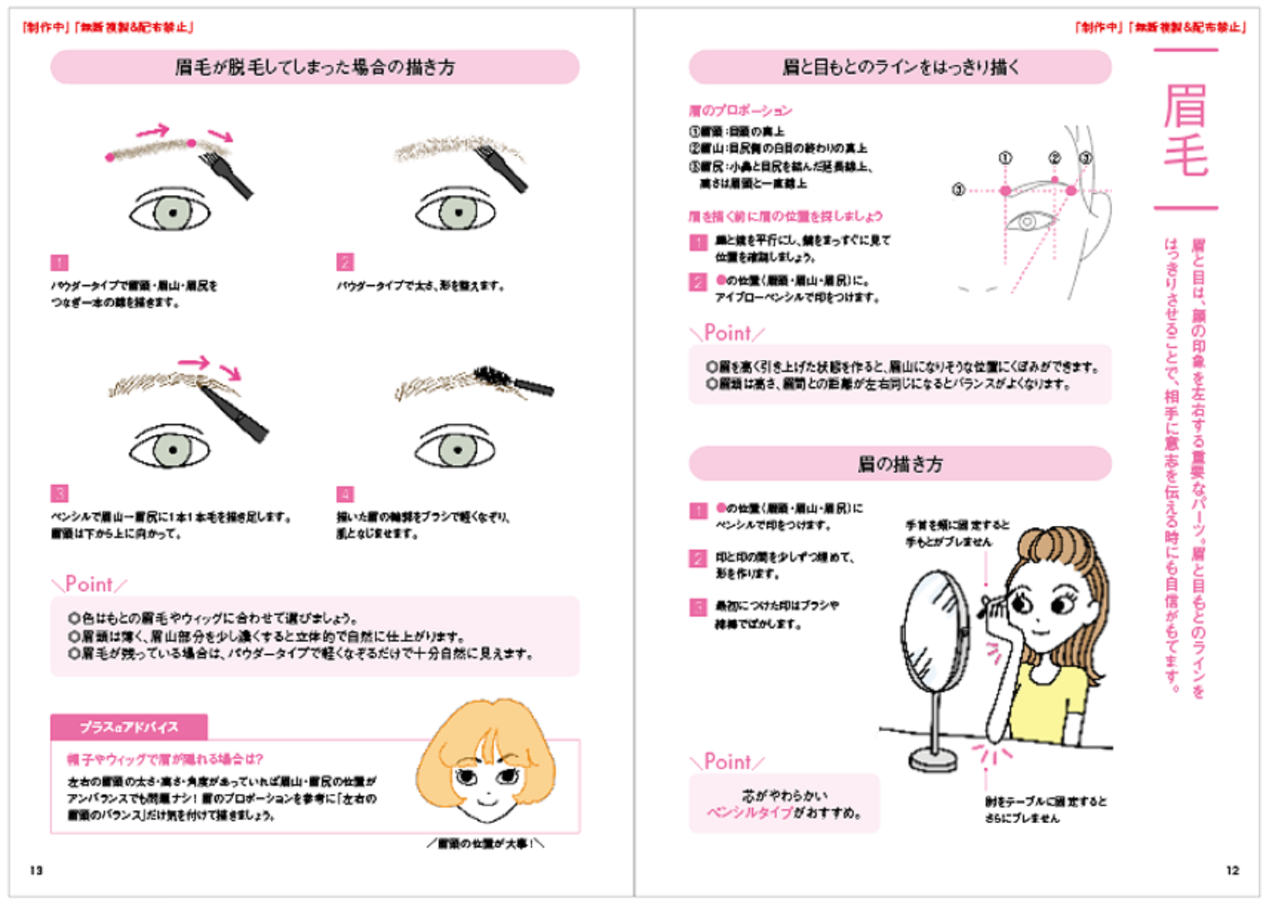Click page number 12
[1232, 870]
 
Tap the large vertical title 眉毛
[1185, 129]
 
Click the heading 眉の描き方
[900, 463]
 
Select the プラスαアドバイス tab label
[129, 727]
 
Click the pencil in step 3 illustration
[235, 413]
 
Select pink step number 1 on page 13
[59, 262]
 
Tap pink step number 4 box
[345, 494]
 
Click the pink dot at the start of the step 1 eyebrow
[110, 158]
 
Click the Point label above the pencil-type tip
[727, 762]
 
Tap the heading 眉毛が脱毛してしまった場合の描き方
[314, 67]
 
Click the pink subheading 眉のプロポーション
[740, 111]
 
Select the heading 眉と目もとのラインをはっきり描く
[900, 67]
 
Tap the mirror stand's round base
[933, 760]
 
